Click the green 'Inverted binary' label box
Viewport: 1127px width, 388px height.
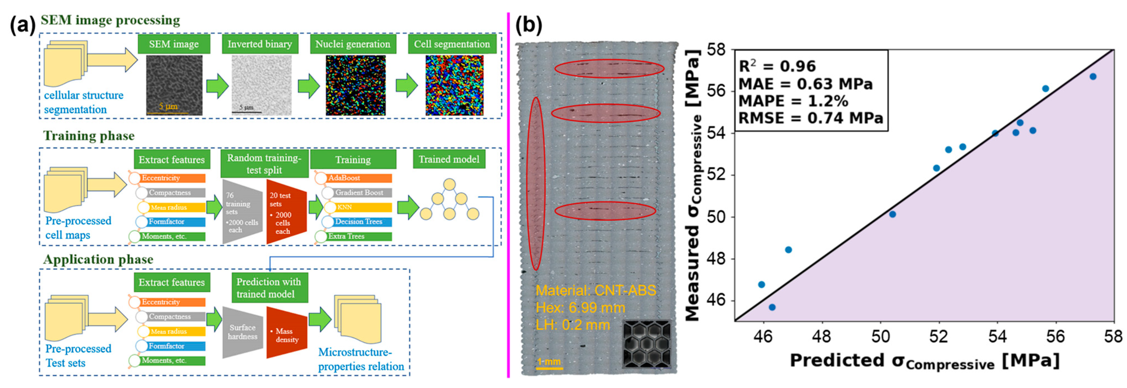coord(260,44)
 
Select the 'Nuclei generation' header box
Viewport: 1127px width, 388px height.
coord(353,44)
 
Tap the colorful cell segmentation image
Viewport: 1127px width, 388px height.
coord(454,85)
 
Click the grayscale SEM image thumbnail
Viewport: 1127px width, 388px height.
coord(174,85)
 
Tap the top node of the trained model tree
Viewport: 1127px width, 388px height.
coord(449,184)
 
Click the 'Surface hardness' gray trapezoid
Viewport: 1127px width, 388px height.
coord(242,332)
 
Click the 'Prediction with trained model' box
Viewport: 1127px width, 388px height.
coord(269,288)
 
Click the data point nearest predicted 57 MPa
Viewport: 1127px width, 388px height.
coord(1093,77)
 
